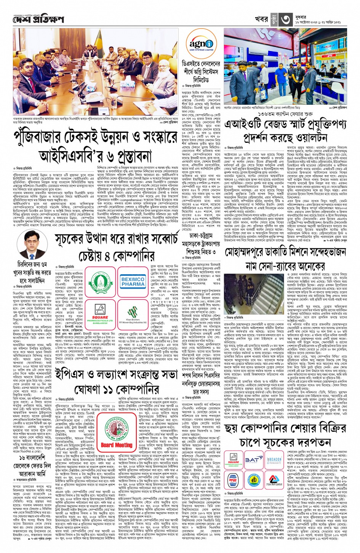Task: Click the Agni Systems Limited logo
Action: [x=202, y=46]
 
